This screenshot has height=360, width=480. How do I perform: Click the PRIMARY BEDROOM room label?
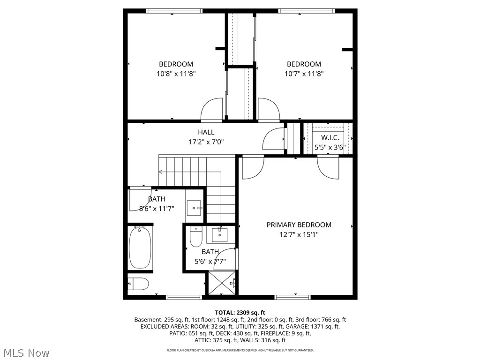pos(299,225)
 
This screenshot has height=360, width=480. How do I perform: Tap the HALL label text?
pos(206,132)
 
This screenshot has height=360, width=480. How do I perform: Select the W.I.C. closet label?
pos(330,138)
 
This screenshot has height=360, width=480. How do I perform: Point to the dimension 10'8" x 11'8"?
pos(176,74)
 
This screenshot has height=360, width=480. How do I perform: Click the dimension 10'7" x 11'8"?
pos(304,74)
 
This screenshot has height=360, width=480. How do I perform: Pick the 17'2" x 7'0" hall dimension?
pos(206,141)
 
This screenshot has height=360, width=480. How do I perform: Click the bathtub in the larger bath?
pos(140,247)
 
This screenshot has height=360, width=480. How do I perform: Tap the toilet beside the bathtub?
pos(139,284)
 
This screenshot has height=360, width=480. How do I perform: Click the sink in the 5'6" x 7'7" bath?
pos(219,234)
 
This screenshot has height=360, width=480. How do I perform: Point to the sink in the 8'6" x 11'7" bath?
pos(194,207)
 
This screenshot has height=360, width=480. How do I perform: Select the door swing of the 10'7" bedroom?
pos(269,110)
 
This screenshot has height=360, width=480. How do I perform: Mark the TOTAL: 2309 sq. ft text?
pos(240,312)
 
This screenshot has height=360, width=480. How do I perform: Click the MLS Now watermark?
pos(26,352)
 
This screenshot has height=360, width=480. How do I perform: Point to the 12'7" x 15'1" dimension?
pos(299,234)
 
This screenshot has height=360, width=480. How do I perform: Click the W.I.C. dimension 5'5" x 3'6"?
pos(330,147)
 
